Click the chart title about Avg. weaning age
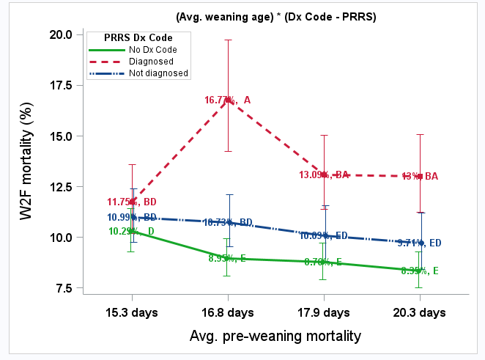[x=275, y=17]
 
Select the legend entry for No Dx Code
[x=152, y=50]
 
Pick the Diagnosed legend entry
[x=149, y=62]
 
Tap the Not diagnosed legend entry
[x=158, y=73]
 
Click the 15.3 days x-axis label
[x=133, y=313]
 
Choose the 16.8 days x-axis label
[x=228, y=313]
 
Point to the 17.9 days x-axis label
[x=324, y=313]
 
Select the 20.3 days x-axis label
[x=419, y=313]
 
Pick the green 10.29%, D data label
[x=131, y=232]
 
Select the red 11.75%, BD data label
[x=131, y=202]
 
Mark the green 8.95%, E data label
[x=228, y=258]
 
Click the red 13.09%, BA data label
[x=324, y=175]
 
